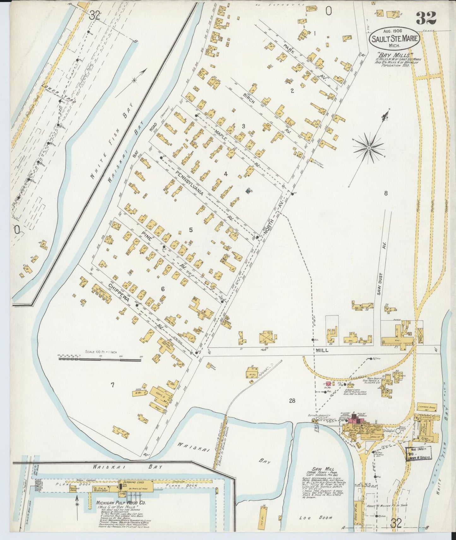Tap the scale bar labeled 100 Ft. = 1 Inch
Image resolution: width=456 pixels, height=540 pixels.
pos(99,358)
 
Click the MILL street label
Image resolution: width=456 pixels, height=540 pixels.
pos(322,351)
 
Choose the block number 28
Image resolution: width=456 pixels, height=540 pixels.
pos(292,401)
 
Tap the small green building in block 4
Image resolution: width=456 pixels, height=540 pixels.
pos(248,190)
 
